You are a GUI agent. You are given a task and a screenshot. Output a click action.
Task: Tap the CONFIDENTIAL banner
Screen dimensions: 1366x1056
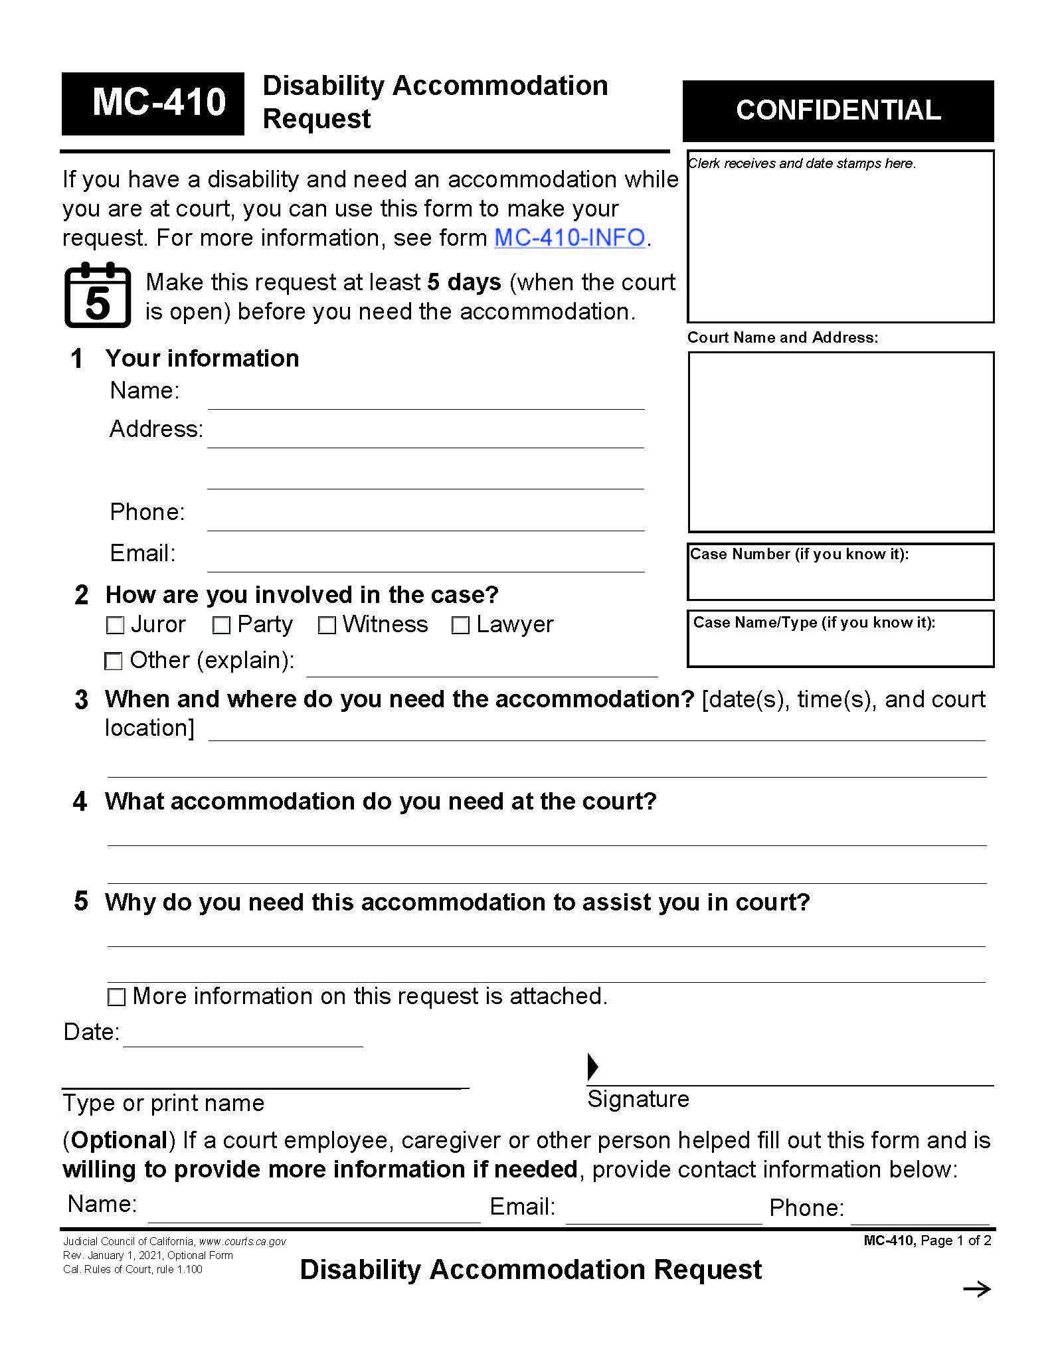(837, 110)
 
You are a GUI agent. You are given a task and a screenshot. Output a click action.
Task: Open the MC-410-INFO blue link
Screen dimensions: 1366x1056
(570, 238)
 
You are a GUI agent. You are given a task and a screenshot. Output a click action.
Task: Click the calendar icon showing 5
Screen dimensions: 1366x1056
(98, 296)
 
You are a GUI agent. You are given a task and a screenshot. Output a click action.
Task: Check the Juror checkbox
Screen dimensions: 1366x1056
(116, 625)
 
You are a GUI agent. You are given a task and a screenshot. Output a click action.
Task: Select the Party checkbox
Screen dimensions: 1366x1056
(221, 625)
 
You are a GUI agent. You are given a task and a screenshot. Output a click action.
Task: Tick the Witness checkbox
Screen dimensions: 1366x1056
(327, 625)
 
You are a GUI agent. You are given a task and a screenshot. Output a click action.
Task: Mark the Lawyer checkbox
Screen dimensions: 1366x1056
(460, 625)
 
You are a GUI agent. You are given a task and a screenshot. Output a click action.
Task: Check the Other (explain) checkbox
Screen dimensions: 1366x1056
(114, 661)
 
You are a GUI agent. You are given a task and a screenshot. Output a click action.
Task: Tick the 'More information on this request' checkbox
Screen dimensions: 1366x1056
(116, 997)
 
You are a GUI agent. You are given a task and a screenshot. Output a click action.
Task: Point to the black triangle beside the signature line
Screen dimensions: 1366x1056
(592, 1067)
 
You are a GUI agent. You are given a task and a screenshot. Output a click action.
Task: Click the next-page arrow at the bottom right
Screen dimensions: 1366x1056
(976, 1289)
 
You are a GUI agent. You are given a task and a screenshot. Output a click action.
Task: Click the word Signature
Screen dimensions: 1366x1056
(638, 1099)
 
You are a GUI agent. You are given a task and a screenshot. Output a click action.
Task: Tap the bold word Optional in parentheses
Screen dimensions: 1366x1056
(119, 1140)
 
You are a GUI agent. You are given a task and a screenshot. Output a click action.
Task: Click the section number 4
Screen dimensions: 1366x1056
(80, 802)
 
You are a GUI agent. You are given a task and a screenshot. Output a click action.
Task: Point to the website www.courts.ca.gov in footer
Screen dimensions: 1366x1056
(242, 1241)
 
